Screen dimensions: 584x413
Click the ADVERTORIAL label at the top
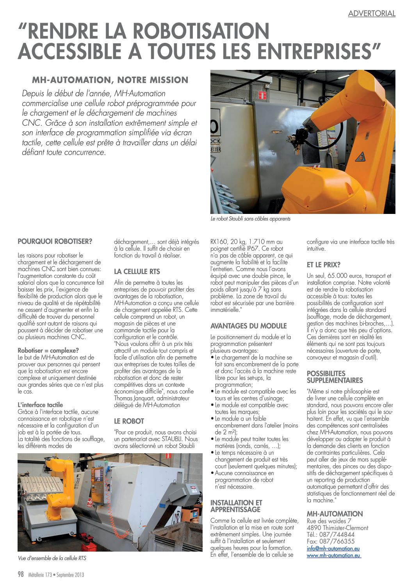click(372, 14)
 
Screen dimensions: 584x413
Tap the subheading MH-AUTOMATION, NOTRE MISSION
click(110, 80)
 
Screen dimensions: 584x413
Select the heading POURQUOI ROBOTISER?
click(55, 241)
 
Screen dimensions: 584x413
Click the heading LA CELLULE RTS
click(137, 271)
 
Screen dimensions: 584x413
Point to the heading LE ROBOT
click(129, 421)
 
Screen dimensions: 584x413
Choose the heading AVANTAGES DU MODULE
click(248, 326)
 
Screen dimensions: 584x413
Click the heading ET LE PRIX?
click(324, 265)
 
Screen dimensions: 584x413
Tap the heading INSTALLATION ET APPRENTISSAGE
click(236, 506)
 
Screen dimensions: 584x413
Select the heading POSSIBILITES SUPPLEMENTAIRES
click(335, 377)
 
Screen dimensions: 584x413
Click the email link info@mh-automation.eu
click(333, 548)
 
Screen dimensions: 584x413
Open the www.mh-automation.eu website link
click(334, 556)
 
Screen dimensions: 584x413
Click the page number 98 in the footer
click(21, 574)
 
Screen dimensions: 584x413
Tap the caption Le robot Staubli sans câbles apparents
click(250, 219)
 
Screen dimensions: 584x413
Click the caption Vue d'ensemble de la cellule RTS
click(52, 558)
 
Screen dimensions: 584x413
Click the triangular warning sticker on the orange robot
click(360, 157)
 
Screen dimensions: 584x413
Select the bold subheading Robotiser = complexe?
click(48, 351)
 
